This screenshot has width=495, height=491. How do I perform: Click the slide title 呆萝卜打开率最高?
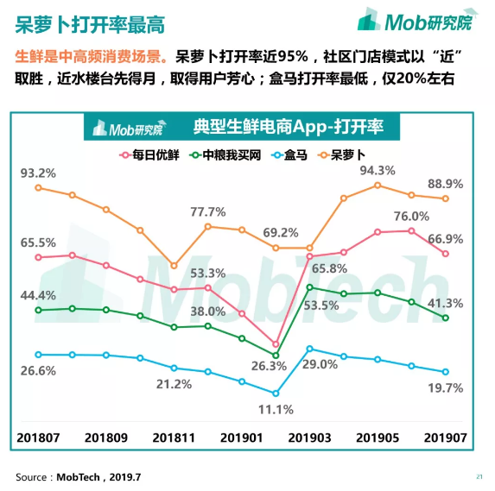[92, 24]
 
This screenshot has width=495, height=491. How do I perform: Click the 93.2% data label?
[38, 173]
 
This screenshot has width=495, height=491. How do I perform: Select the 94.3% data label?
[377, 170]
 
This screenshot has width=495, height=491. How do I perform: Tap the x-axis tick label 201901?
[242, 438]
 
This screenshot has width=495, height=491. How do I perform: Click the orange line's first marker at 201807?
[38, 187]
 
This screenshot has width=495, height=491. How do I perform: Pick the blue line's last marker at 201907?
[445, 372]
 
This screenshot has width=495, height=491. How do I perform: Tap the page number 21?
[479, 476]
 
